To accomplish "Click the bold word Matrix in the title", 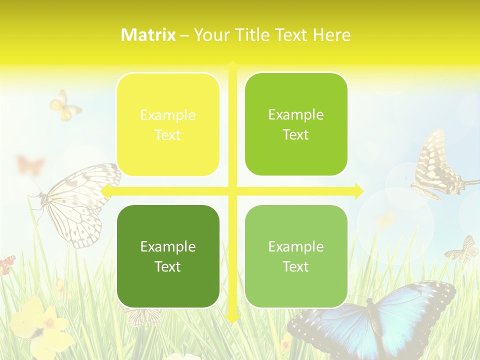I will pos(148,35).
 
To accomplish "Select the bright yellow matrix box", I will pos(168,124).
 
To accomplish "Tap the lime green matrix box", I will pos(296,124).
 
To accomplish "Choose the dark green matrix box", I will pos(168,256).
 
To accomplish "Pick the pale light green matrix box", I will pos(296,256).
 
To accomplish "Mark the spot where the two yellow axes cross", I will pos(232,191).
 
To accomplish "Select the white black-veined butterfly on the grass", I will pos(77,202).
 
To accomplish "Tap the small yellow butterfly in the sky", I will pos(64,106).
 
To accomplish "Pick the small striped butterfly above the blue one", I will pos(463,249).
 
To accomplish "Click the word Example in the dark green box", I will pos(168,246).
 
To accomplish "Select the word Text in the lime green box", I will pos(296,134).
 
